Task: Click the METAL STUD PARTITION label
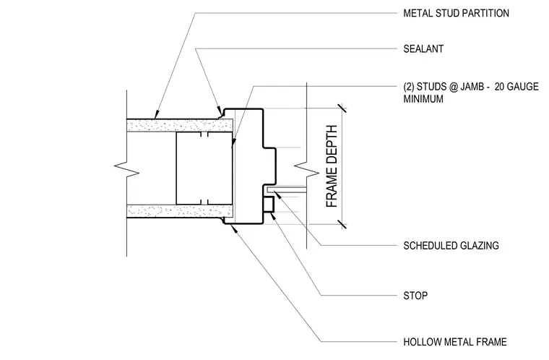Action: click(456, 13)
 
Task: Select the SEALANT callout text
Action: click(423, 48)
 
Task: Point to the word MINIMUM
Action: click(423, 99)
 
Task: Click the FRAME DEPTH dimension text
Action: click(332, 166)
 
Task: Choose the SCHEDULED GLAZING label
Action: click(451, 246)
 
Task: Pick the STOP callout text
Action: click(415, 296)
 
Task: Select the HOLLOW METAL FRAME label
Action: click(455, 342)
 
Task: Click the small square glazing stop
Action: click(269, 205)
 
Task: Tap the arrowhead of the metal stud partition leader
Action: click(156, 115)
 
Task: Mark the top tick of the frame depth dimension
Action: click(342, 108)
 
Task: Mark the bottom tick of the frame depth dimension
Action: click(342, 224)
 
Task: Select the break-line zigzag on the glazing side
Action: click(307, 169)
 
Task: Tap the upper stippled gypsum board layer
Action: click(180, 126)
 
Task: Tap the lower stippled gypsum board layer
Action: click(180, 211)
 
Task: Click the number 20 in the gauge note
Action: click(500, 87)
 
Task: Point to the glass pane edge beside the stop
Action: click(286, 189)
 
